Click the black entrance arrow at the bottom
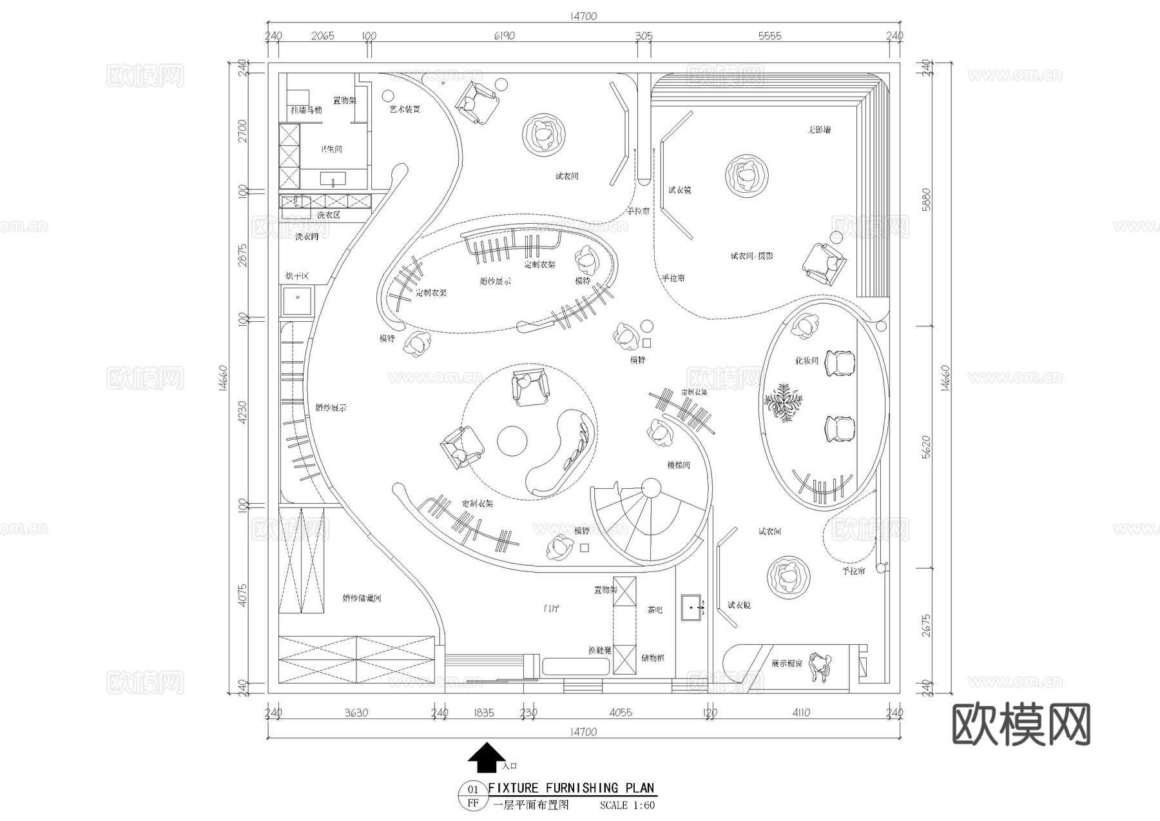coord(487,757)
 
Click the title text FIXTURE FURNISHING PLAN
coord(571,787)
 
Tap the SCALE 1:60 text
coord(627,805)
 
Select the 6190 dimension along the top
coord(504,35)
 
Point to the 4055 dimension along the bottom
coord(620,713)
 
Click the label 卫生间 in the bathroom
coord(332,149)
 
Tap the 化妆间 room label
coord(806,361)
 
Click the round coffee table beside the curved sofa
coord(512,441)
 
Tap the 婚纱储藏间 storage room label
coord(362,598)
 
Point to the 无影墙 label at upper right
coord(819,130)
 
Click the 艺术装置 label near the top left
coord(405,110)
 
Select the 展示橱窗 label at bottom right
coord(787,663)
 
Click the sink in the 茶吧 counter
coord(693,608)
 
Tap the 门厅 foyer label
coord(550,608)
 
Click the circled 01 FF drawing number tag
coord(473,796)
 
